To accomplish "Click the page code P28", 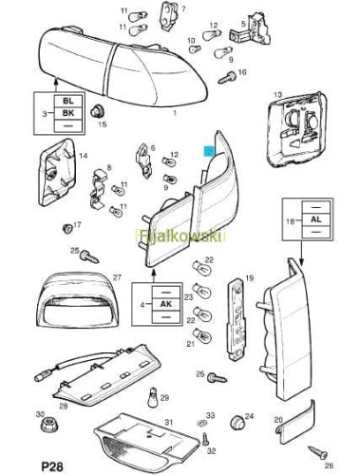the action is click(52, 466).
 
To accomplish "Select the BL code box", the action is click(68, 102).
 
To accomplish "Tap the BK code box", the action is click(68, 113).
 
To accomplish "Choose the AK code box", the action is click(166, 304).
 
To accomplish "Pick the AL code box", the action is click(316, 219).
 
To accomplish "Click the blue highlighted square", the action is click(210, 151).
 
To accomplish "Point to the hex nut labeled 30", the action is click(48, 425).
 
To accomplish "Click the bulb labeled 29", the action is click(153, 399).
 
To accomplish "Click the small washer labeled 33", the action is click(200, 422).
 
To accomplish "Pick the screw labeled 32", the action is click(206, 439).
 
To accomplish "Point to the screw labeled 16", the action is click(227, 77).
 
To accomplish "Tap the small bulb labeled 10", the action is click(195, 49).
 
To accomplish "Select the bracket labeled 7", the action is click(169, 17).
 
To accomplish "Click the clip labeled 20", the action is click(294, 423).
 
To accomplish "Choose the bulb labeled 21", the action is click(201, 335).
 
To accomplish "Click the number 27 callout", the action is click(117, 277).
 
